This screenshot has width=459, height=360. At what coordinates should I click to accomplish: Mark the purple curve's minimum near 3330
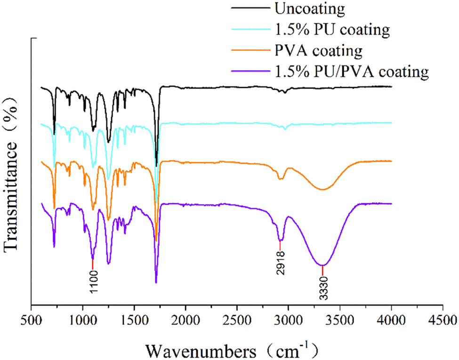tap(322, 265)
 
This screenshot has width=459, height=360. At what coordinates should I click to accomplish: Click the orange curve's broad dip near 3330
tap(322, 190)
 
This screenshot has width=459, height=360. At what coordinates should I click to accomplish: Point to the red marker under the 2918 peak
tap(281, 246)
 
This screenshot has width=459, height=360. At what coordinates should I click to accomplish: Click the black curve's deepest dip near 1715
tap(156, 166)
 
